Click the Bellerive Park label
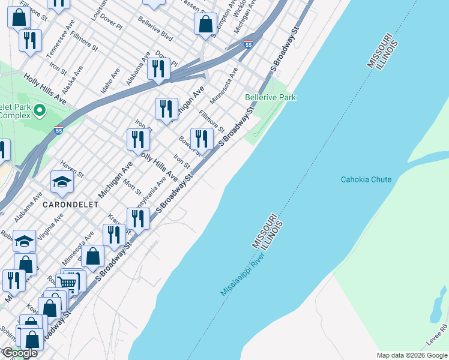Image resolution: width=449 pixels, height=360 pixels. pyautogui.click(x=270, y=97)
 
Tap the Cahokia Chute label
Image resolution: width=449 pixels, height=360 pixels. pyautogui.click(x=366, y=179)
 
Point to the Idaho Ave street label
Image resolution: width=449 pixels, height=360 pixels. pyautogui.click(x=110, y=76)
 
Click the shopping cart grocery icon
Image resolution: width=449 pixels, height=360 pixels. pyautogui.click(x=67, y=283)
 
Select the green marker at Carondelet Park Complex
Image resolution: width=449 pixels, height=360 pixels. pyautogui.click(x=40, y=110)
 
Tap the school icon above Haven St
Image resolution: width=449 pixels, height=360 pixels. pyautogui.click(x=62, y=181)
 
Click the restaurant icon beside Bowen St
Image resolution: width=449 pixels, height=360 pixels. pyautogui.click(x=202, y=139)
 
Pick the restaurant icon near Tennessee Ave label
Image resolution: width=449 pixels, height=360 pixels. pyautogui.click(x=29, y=40)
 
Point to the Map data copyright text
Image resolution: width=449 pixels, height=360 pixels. pyautogui.click(x=412, y=355)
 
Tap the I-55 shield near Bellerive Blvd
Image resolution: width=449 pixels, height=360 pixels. pyautogui.click(x=249, y=44)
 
